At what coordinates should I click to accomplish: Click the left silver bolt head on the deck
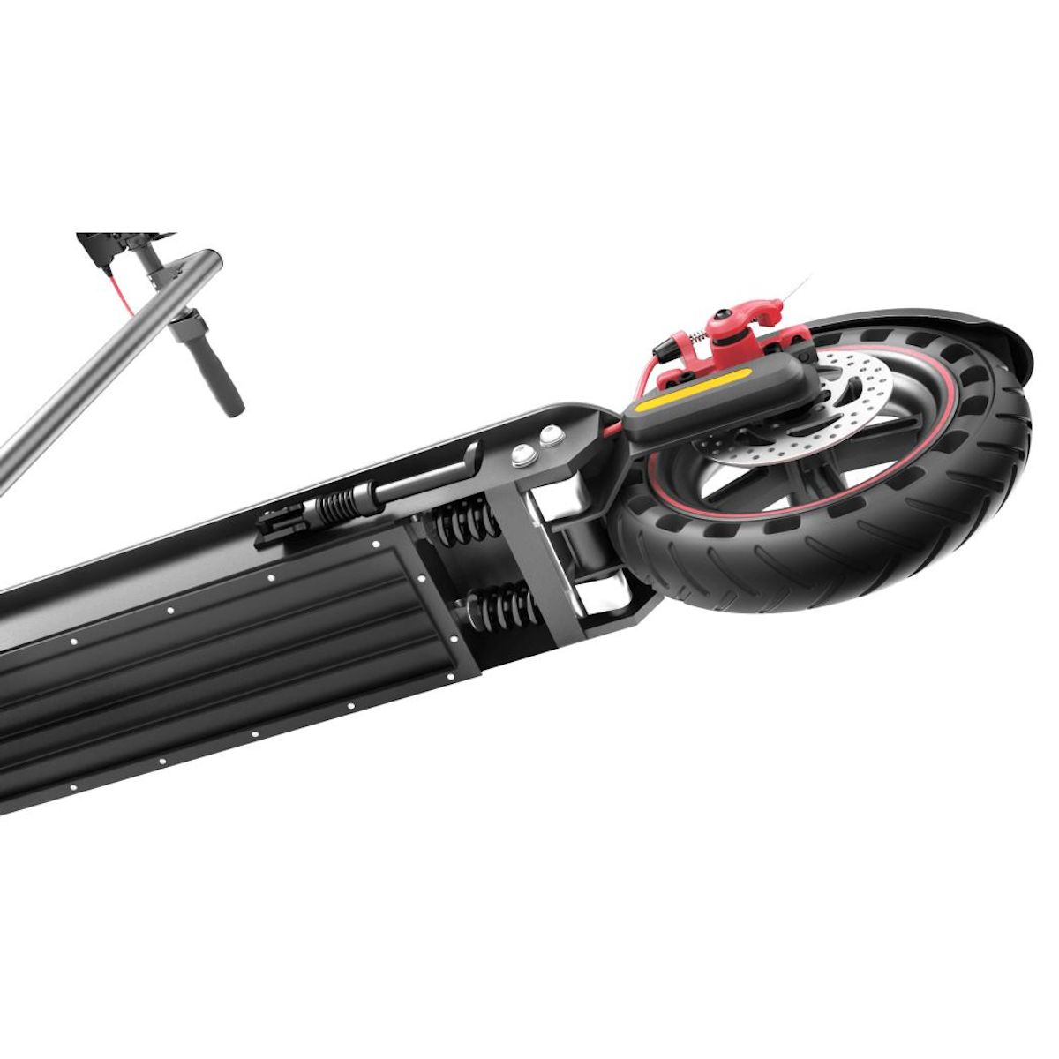pyautogui.click(x=522, y=454)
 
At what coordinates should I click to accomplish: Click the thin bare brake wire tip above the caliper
pyautogui.click(x=800, y=287)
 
